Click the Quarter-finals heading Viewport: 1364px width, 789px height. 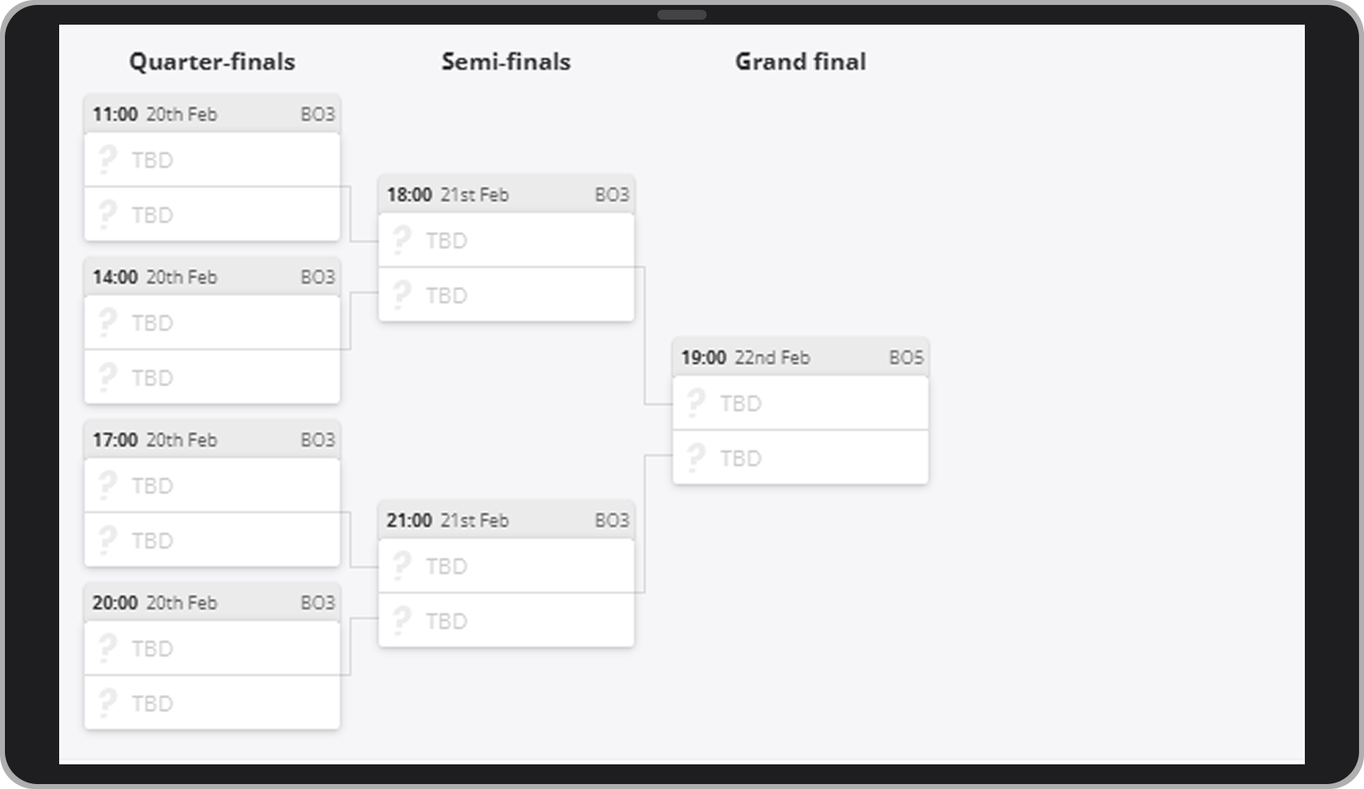[x=212, y=62]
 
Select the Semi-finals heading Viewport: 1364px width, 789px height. [x=505, y=62]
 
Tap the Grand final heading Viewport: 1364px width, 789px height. [x=800, y=62]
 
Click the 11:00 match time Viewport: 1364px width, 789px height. [x=115, y=114]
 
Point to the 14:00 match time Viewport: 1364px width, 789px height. [x=115, y=277]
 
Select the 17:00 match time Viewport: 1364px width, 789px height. [x=115, y=440]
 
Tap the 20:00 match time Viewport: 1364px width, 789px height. [x=115, y=602]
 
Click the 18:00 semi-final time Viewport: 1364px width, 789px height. [x=409, y=195]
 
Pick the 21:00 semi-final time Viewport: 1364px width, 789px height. [x=409, y=520]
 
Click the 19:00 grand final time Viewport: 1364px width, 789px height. [x=703, y=358]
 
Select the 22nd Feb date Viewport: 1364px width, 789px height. [x=772, y=358]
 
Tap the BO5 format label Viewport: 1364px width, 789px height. [x=906, y=358]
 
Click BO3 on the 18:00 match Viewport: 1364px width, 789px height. [x=612, y=195]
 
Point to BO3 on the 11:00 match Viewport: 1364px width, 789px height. [x=318, y=114]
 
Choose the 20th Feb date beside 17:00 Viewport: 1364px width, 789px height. [x=182, y=440]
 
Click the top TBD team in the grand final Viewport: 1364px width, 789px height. [x=740, y=404]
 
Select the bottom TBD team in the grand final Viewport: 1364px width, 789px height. [x=740, y=458]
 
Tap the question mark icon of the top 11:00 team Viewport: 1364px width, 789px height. [x=107, y=159]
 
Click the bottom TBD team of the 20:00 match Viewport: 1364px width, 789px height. [x=152, y=704]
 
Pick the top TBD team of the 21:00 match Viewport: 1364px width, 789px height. [x=446, y=566]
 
